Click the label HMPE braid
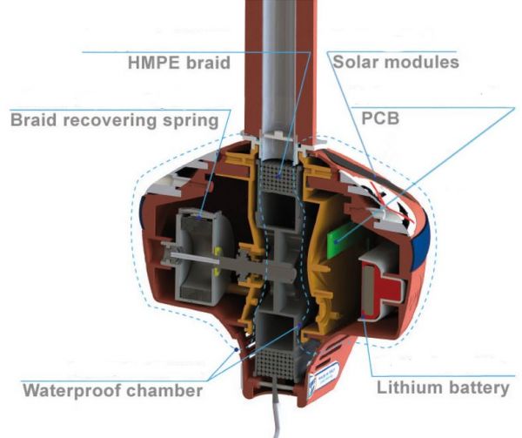point(179,63)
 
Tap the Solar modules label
point(396,62)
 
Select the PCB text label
point(380,118)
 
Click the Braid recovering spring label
point(115,120)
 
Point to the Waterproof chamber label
point(113,390)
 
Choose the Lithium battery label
point(443,388)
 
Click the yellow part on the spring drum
point(217,261)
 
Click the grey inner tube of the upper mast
point(279,67)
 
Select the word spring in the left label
point(191,121)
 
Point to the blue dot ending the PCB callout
point(337,241)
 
